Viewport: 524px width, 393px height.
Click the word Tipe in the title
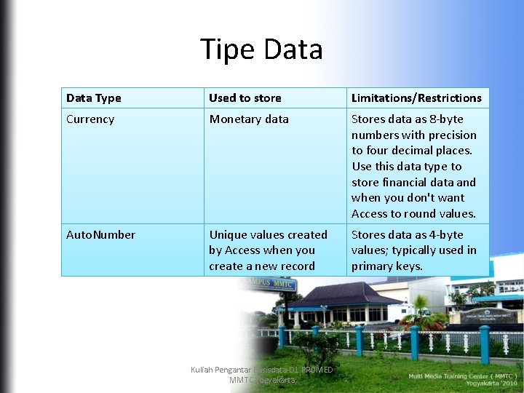tap(228, 49)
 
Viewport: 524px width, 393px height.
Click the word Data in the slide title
tap(293, 49)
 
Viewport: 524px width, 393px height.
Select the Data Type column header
tap(94, 98)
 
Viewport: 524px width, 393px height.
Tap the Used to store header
tap(245, 98)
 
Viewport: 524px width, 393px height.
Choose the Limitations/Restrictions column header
tap(416, 98)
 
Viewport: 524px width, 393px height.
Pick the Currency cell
tap(90, 119)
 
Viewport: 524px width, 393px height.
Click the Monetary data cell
tap(249, 119)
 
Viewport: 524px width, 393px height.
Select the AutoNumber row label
tap(100, 235)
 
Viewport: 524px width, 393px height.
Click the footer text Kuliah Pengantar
tap(218, 370)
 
